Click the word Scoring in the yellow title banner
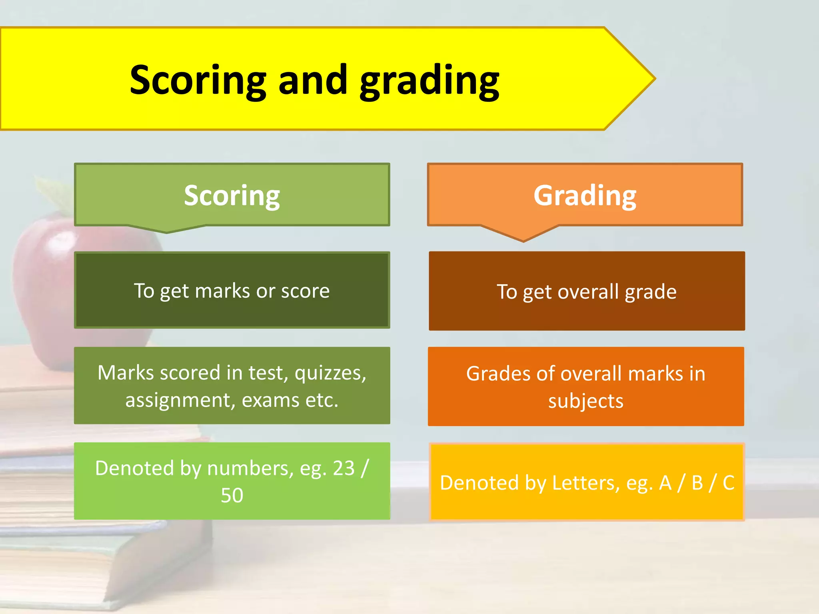point(198,81)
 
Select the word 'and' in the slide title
point(312,81)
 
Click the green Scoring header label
point(232,195)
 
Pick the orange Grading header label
point(585,195)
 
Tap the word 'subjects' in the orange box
point(585,401)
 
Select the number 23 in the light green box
point(344,468)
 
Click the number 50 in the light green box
point(232,495)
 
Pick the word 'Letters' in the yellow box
point(585,483)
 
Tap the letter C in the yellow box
point(728,483)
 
